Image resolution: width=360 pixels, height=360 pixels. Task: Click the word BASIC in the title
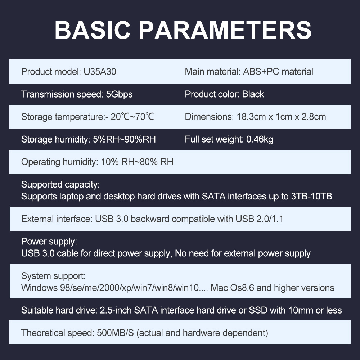pos(92,30)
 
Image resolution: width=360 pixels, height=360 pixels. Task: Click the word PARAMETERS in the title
pos(225,30)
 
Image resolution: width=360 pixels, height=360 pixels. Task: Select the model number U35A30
pos(100,72)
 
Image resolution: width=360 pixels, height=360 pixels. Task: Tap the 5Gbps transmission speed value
pos(119,94)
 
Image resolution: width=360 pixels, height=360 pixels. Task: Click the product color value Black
pos(253,94)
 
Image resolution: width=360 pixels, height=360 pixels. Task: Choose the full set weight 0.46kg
pos(260,139)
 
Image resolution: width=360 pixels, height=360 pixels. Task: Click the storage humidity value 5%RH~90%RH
pos(124,139)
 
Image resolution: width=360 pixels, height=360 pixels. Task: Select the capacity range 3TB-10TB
pos(311,196)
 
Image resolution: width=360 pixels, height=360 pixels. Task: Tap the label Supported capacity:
pos(60,185)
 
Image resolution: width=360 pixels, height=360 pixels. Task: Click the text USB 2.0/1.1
pos(260,219)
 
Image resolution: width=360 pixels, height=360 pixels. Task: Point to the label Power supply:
pos(49,242)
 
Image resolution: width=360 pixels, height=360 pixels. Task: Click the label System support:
pos(53,276)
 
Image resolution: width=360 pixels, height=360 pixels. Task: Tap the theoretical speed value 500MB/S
pos(115,333)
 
